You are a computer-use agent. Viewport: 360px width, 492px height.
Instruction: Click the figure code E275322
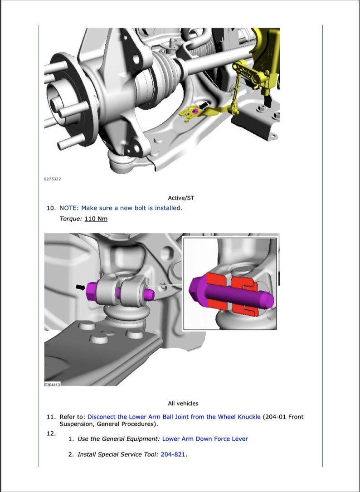52,179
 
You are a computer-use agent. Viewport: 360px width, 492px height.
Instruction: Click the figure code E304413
52,384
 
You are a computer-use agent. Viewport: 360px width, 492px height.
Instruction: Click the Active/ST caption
181,198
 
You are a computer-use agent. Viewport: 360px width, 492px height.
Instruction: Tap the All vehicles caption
183,403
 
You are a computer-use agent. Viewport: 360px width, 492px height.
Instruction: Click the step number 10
51,208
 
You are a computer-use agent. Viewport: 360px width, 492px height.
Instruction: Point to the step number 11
51,417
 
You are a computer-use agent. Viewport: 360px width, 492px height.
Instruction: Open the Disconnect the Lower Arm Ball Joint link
174,417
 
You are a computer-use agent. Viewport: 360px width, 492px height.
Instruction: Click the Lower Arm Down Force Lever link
205,439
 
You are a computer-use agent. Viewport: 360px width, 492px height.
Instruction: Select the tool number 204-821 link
173,454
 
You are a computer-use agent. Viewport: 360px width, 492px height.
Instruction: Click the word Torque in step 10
70,219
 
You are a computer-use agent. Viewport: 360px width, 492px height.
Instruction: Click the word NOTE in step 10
68,208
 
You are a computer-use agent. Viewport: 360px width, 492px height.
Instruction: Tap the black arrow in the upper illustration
205,106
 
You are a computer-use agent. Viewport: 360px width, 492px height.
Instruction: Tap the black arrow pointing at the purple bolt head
80,287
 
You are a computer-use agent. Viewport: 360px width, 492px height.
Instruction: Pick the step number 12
51,433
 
